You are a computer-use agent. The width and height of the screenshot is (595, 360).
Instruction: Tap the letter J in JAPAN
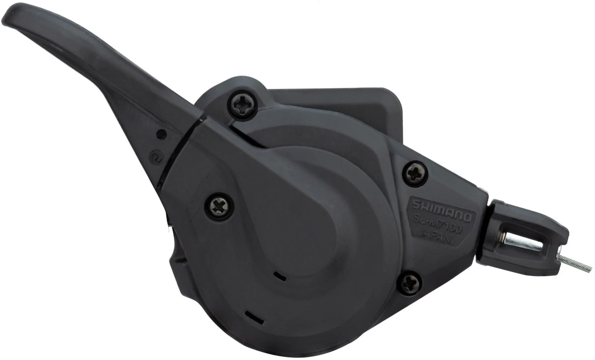423,234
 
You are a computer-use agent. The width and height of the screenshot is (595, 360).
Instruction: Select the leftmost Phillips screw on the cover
218,205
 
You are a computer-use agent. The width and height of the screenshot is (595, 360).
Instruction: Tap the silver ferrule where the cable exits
563,256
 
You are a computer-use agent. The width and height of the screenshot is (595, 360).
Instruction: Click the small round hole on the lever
161,134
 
